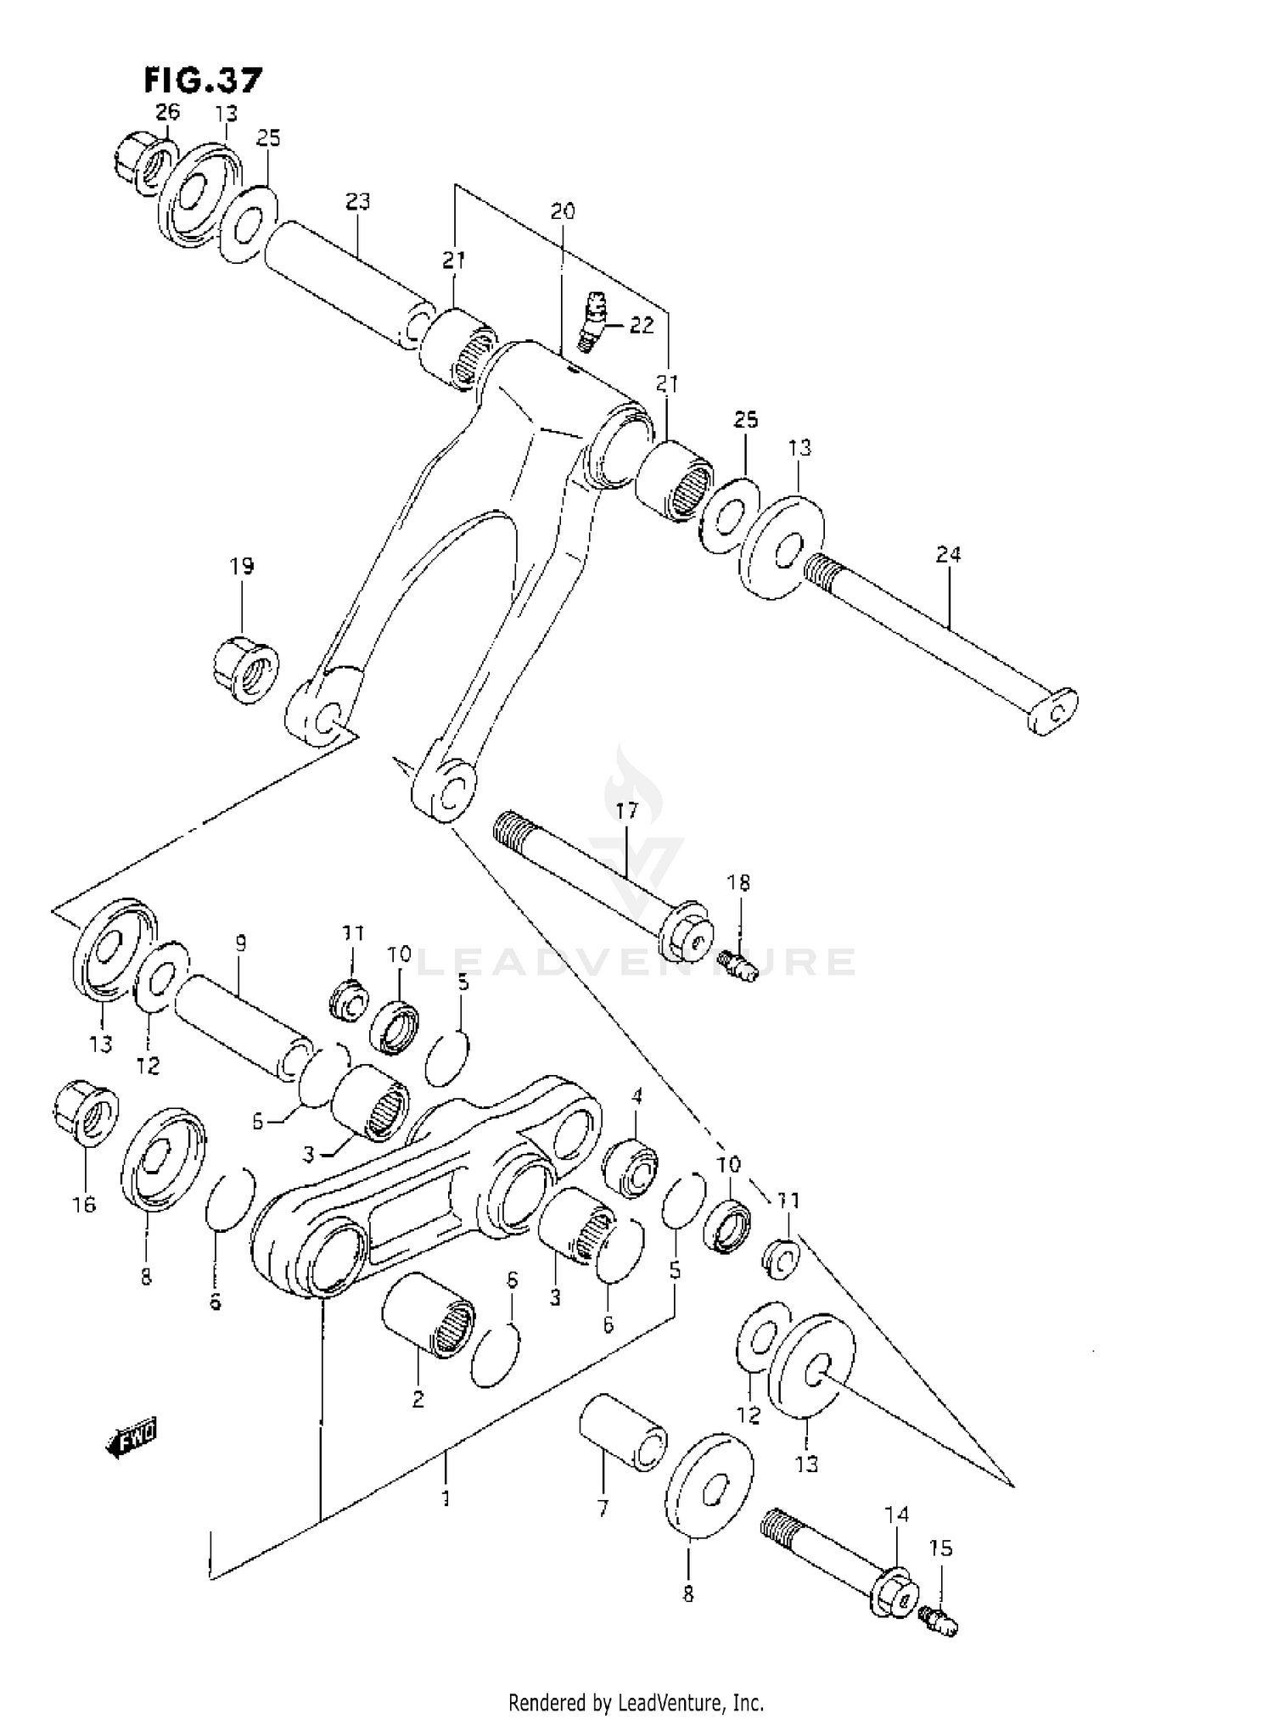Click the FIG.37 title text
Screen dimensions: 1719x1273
tap(202, 80)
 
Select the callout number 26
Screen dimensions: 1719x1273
tap(167, 111)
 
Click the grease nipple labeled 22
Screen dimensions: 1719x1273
tap(591, 320)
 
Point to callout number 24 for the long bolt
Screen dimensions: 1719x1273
tap(948, 555)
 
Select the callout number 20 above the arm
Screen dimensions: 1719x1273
tap(563, 211)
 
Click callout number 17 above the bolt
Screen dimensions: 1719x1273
tap(626, 811)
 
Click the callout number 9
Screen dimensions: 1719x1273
tap(241, 942)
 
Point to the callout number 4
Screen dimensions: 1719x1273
tap(636, 1097)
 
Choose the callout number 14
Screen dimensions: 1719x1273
tap(896, 1515)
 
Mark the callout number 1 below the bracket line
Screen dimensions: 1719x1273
tap(446, 1499)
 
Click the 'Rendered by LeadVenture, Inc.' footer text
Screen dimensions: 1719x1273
tap(636, 1701)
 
